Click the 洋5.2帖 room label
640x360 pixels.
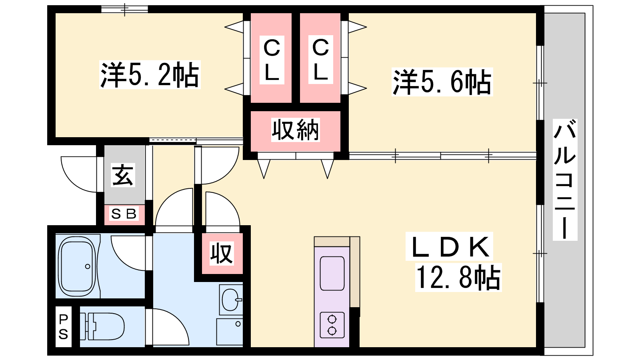(x=150, y=75)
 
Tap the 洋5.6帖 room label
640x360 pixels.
(x=442, y=82)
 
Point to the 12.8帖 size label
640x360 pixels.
(x=458, y=278)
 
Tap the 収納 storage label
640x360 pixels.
(x=296, y=130)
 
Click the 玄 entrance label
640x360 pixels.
(x=123, y=175)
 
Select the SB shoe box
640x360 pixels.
(x=124, y=214)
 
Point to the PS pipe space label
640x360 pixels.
(x=64, y=327)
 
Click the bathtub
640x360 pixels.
(x=77, y=266)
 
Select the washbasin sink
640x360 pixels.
(x=231, y=299)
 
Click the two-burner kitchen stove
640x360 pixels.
(x=332, y=325)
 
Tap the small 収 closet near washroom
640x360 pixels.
(x=222, y=253)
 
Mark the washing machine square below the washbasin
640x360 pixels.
(x=230, y=331)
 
